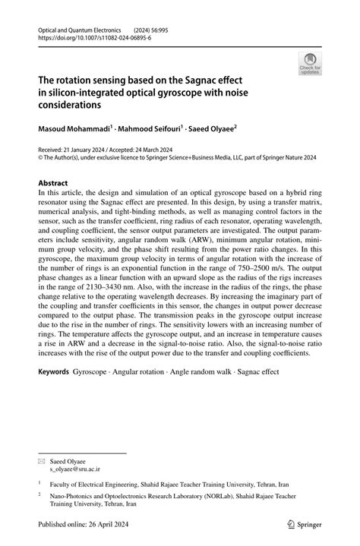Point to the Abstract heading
[58, 183]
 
